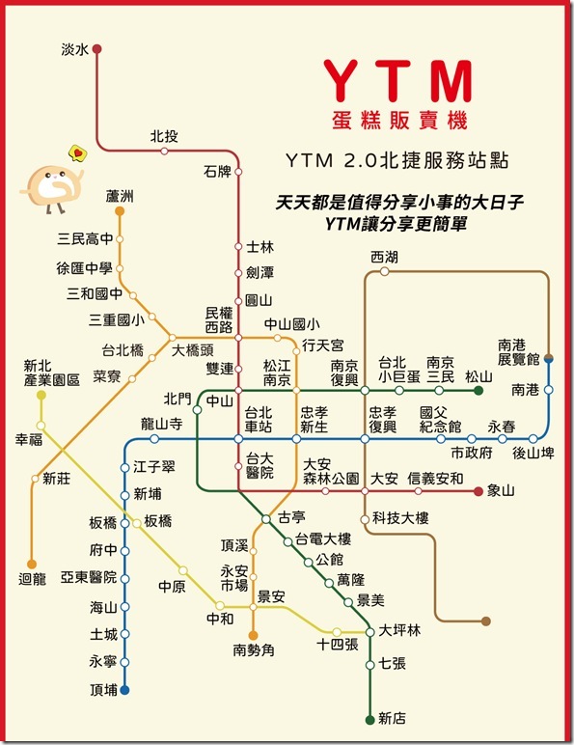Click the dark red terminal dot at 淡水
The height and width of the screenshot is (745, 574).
tap(96, 48)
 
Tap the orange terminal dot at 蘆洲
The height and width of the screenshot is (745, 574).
tap(120, 210)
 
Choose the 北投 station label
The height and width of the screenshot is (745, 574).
tap(163, 136)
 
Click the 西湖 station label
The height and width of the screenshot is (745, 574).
tap(383, 257)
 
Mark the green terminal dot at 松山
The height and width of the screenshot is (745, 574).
tap(478, 391)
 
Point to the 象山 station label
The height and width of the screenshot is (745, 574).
tap(502, 491)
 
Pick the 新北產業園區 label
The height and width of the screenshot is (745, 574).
tap(50, 373)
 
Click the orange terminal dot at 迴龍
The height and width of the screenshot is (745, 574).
tap(31, 564)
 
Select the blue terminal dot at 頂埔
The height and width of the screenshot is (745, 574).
tap(124, 690)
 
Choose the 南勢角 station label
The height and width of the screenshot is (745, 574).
tap(253, 650)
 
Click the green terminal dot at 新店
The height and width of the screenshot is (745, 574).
tap(369, 719)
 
